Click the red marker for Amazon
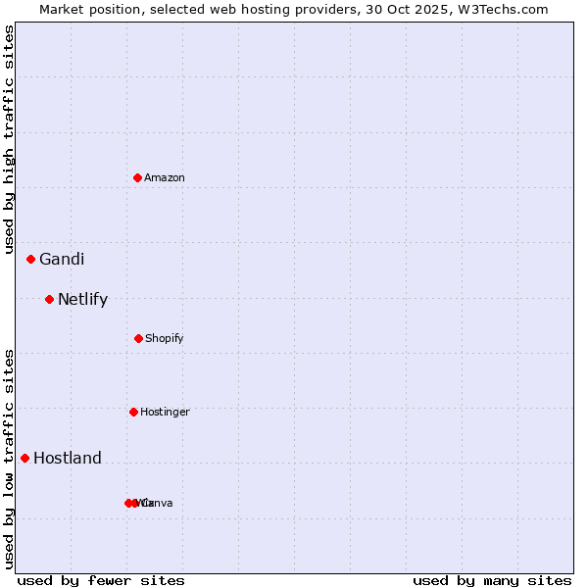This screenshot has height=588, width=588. tap(138, 177)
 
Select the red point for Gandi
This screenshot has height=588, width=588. tap(31, 259)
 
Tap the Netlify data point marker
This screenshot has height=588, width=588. tap(50, 299)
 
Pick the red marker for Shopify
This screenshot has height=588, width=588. tap(138, 338)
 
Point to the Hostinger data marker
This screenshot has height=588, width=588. tap(134, 412)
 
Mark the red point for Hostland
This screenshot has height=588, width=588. tap(25, 458)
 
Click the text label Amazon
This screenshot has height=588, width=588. tap(165, 177)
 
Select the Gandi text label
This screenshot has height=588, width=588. tap(62, 259)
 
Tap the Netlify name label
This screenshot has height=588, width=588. tap(82, 299)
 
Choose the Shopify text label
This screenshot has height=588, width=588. tap(165, 338)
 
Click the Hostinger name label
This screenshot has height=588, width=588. tap(165, 412)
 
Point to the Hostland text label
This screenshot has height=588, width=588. tap(68, 458)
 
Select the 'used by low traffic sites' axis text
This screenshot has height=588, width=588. tap(9, 458)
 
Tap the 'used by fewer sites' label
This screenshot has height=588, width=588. tap(101, 580)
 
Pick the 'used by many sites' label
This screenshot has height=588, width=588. tap(492, 580)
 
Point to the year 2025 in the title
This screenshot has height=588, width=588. tap(438, 9)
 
